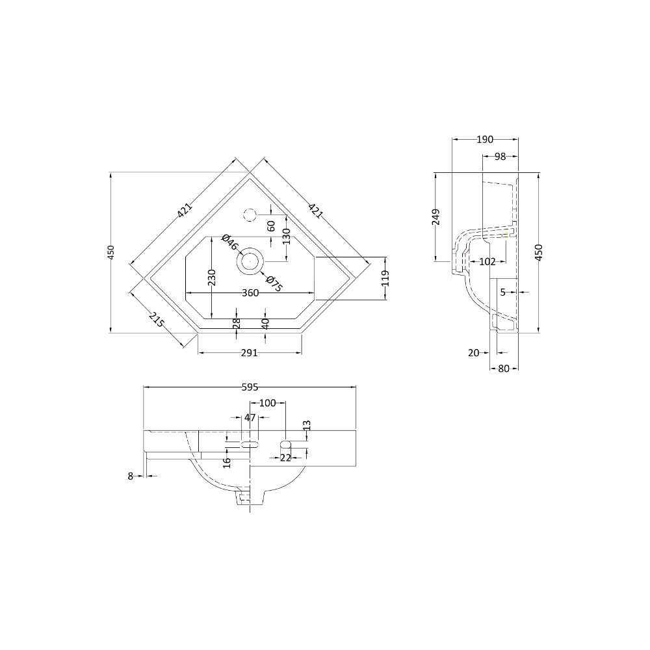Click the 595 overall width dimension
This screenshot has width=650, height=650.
pos(250,387)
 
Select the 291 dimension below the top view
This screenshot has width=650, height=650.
pos(250,353)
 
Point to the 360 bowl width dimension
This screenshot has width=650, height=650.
pos(250,293)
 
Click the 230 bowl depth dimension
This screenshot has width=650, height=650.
pos(211,278)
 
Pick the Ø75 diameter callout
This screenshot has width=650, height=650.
pos(274,284)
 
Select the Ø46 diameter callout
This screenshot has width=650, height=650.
pos(231,242)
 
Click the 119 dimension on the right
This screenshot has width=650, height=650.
pos(385,278)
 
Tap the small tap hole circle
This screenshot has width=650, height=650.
pos(250,214)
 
